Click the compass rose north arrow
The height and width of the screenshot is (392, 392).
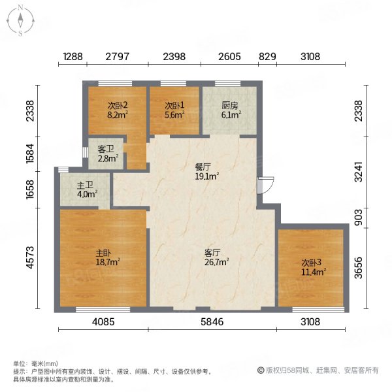point(20,20)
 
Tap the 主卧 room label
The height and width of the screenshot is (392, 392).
point(103,253)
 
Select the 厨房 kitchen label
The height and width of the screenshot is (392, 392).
point(229,106)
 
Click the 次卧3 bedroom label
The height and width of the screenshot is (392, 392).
point(311,263)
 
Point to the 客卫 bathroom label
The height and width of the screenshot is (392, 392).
point(106,149)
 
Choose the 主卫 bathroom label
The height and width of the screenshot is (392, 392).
point(85,186)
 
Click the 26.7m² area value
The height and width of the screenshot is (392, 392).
point(217,262)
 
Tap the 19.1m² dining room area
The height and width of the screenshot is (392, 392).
point(207,176)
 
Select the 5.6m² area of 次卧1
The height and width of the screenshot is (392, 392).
point(174,115)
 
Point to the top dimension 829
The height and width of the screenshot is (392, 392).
point(267,57)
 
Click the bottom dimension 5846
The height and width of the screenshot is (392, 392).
point(212,321)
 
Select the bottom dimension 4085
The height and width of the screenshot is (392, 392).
point(103,321)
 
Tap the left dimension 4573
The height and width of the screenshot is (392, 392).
point(30,257)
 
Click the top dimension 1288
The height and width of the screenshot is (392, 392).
point(73,57)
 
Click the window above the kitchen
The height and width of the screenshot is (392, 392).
point(228,84)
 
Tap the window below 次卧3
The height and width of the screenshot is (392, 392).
point(318,310)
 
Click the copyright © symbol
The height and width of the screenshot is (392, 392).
point(261,370)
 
